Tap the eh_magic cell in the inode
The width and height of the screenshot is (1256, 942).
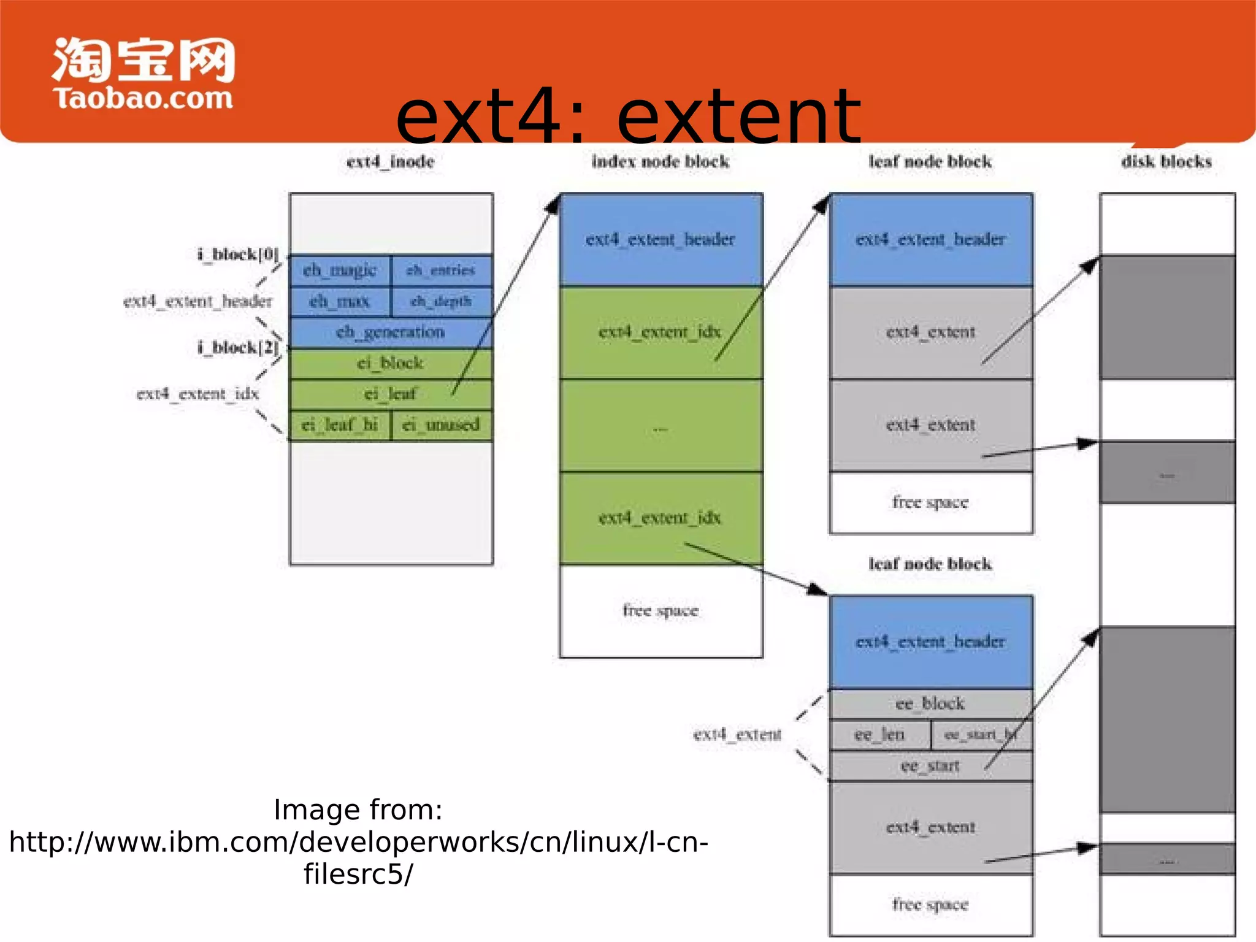point(339,270)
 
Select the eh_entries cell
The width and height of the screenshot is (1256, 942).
point(441,270)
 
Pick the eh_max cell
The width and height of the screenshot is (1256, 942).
point(339,301)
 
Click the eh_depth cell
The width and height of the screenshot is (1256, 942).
point(441,301)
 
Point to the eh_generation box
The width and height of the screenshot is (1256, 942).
point(390,332)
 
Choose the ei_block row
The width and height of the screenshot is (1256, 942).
point(390,363)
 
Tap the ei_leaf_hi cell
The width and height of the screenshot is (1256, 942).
point(339,424)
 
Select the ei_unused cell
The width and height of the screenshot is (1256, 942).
point(441,424)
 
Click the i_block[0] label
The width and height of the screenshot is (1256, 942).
point(238,254)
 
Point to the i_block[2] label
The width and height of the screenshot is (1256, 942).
point(238,347)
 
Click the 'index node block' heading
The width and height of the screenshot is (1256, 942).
point(661,161)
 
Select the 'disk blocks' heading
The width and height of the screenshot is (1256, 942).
point(1166,161)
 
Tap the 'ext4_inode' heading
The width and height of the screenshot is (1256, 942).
point(390,161)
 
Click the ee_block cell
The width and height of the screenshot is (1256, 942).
point(930,703)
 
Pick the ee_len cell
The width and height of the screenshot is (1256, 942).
point(879,734)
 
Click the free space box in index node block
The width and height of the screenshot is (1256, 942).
point(661,611)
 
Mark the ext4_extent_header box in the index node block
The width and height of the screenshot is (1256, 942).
point(661,239)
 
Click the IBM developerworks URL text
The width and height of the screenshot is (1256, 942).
point(359,842)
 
